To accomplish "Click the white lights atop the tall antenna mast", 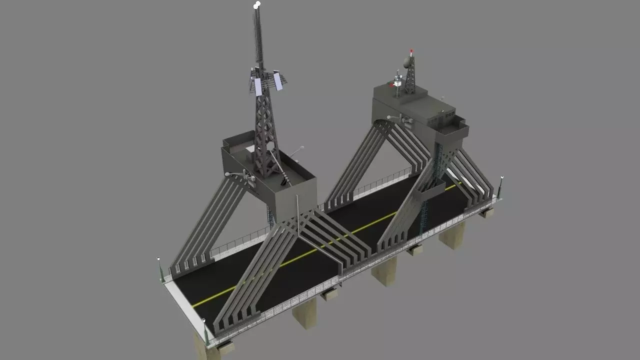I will pyautogui.click(x=257, y=5).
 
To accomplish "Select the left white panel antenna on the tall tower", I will pyautogui.click(x=258, y=86).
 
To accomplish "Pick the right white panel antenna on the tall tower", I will pyautogui.click(x=278, y=81).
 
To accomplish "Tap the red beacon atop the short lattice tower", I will pyautogui.click(x=411, y=51).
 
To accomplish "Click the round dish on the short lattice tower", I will pyautogui.click(x=407, y=62).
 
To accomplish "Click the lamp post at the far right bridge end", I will pyautogui.click(x=501, y=185).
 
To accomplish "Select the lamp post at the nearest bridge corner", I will pyautogui.click(x=205, y=330).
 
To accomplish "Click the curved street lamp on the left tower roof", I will pyautogui.click(x=298, y=150).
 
